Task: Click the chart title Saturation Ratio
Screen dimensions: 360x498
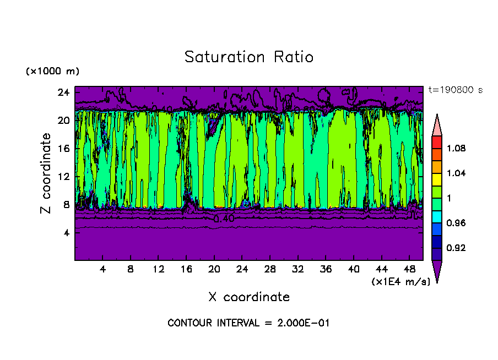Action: point(248,57)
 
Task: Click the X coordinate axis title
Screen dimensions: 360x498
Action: point(248,297)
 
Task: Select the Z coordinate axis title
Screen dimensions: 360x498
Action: point(46,173)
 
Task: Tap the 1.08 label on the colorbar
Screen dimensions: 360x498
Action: point(457,148)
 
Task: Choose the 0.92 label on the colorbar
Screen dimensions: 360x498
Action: point(457,248)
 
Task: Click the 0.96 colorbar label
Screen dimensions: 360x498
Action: point(457,223)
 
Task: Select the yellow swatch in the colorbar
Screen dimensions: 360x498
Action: point(436,179)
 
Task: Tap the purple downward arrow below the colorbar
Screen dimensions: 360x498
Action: point(436,270)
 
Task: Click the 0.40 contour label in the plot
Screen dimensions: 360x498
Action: point(224,219)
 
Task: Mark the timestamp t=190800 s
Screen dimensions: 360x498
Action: point(455,90)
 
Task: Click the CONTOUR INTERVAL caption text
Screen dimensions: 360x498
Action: point(248,323)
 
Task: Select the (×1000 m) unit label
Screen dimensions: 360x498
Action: point(52,72)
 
